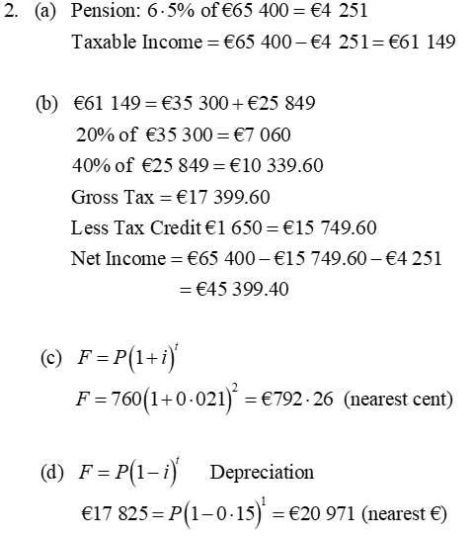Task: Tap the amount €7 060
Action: point(260,134)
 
